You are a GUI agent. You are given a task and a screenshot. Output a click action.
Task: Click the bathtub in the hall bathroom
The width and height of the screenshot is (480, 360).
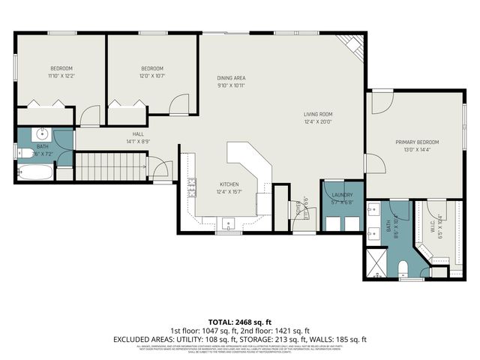pos(34,173)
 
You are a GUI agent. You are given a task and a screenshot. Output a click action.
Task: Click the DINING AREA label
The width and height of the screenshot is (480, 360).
pos(231,78)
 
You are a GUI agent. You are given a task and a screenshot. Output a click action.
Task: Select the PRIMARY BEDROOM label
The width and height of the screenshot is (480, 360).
pos(417,142)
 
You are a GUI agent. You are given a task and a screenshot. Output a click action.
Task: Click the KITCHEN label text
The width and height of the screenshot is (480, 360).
pos(229,184)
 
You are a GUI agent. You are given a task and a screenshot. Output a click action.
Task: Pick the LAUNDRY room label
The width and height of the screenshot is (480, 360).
pos(343,195)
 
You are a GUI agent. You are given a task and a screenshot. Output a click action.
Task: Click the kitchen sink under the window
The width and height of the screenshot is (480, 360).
pos(229,223)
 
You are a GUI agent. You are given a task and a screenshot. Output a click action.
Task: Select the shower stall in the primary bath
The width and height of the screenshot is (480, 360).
pos(377,263)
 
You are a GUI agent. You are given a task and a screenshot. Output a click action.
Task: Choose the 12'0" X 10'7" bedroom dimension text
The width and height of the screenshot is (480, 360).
pos(153,76)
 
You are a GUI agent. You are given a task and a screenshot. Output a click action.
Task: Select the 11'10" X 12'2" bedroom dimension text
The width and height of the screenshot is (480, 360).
pos(61,76)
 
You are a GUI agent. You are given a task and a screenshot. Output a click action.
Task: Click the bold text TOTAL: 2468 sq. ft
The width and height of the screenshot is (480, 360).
pos(240,320)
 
